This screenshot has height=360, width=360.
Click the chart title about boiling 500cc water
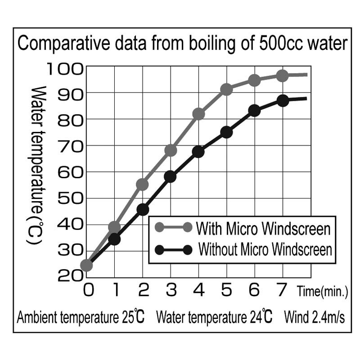[x=182, y=45]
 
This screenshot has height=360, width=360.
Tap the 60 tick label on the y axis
[x=70, y=172]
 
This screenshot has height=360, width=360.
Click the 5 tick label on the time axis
[x=227, y=291]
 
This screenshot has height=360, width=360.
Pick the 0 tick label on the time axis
[x=89, y=291]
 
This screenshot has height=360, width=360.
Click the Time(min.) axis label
[x=322, y=292]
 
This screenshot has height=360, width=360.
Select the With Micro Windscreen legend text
[x=263, y=229]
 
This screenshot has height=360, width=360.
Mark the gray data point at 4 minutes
[x=198, y=114]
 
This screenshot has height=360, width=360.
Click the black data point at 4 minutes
[x=198, y=152]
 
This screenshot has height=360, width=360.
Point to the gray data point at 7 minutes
[x=283, y=76]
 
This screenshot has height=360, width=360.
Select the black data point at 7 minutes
[x=283, y=101]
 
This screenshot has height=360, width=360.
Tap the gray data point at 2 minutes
[x=142, y=184]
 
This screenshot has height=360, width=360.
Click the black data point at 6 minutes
[x=255, y=110]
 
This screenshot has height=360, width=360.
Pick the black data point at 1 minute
[x=114, y=239]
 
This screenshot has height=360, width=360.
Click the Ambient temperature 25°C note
[x=81, y=317]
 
